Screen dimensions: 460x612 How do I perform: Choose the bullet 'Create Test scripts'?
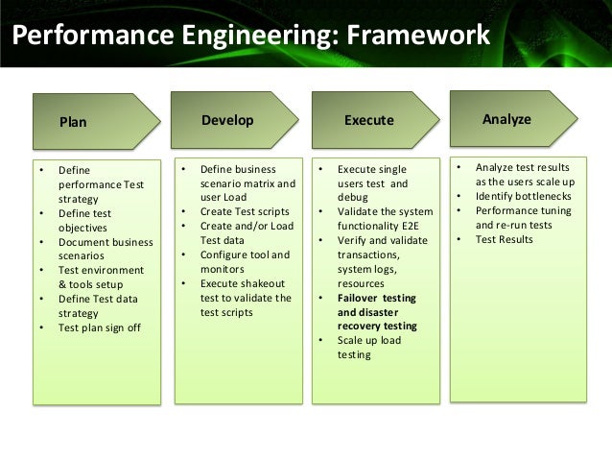(245, 211)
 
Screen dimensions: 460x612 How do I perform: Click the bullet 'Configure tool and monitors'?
(244, 261)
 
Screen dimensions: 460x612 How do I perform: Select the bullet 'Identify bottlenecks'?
(524, 196)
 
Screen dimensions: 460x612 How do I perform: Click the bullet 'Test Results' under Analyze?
(504, 239)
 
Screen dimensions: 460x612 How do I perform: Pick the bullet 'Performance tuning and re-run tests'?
(523, 217)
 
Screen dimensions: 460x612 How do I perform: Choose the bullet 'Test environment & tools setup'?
(101, 278)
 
